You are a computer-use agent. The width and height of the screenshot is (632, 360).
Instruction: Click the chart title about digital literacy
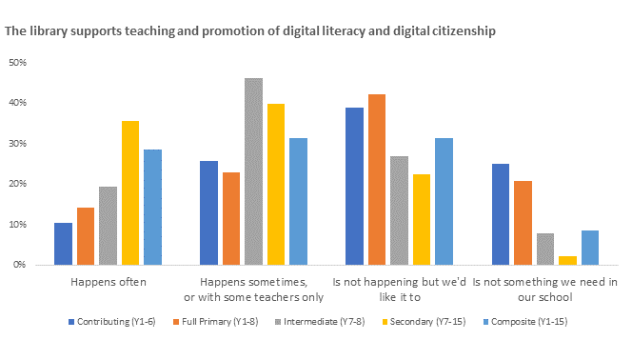[x=249, y=31]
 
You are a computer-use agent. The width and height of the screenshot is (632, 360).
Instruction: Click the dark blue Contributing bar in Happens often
[x=63, y=244]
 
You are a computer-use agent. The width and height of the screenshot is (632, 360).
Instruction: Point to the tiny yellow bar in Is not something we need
[x=541, y=260]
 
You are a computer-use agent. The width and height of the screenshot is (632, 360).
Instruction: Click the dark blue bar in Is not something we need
[x=501, y=214]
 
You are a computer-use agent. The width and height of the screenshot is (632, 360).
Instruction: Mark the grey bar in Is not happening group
[x=399, y=210]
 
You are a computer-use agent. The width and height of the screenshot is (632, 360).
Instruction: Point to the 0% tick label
[x=19, y=265]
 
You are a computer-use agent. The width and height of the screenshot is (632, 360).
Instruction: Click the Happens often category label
[x=108, y=282]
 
